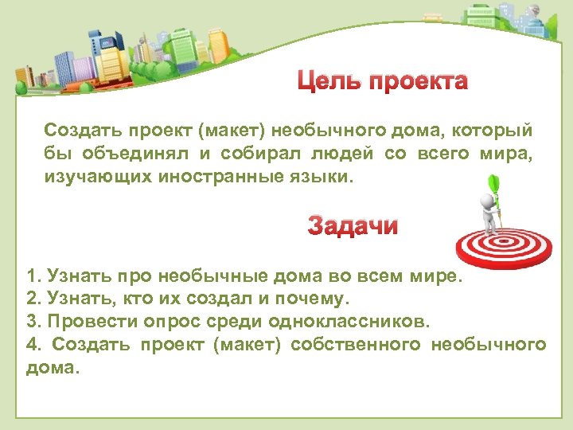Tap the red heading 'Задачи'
[353, 227]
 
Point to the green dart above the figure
[493, 186]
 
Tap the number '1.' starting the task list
[33, 277]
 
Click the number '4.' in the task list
[34, 345]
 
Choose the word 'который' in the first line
[502, 130]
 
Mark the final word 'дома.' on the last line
[53, 368]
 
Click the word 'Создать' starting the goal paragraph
[75, 130]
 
